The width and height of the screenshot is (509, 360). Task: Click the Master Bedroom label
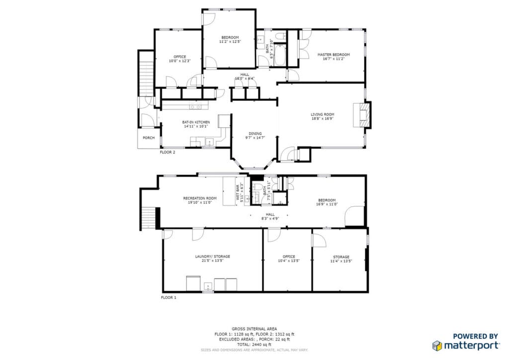[334, 55]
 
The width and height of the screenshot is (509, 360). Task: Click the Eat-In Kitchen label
[196, 122]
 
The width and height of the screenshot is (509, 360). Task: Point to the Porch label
[148, 138]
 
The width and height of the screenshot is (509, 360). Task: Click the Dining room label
[255, 134]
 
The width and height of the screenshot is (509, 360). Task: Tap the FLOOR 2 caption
[168, 153]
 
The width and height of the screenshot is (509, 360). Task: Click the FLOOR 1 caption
[168, 297]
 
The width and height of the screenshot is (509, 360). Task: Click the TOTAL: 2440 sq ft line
[254, 345]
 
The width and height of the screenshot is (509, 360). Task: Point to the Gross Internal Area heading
[254, 329]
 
